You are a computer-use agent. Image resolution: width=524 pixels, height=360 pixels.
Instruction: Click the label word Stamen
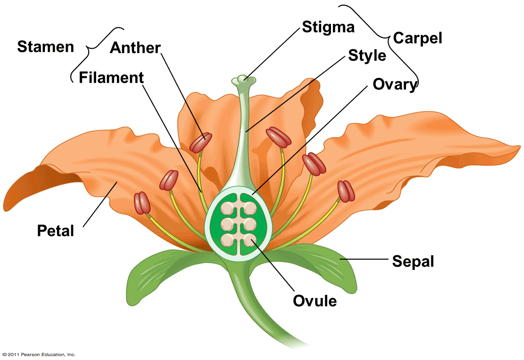(x=45, y=47)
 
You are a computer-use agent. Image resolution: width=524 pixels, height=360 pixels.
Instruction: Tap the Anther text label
(x=135, y=48)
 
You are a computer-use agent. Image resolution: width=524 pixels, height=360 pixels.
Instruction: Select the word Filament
(x=111, y=77)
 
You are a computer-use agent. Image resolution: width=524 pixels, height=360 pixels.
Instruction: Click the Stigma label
(x=328, y=27)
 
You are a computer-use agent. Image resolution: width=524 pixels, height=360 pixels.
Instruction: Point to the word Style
(x=367, y=56)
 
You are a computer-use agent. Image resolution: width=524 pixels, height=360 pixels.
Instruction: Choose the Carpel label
(x=418, y=38)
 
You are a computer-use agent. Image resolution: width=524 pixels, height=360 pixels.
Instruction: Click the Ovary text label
(x=395, y=84)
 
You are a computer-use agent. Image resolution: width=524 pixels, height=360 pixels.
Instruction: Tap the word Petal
(x=56, y=230)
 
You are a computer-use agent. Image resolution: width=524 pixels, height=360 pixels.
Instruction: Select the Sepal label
(x=413, y=262)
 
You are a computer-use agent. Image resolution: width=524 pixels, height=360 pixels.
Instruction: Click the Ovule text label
(x=314, y=301)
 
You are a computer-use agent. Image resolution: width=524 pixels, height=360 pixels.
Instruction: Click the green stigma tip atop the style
(x=243, y=79)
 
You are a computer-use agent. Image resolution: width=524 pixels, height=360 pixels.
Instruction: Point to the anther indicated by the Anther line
(x=201, y=142)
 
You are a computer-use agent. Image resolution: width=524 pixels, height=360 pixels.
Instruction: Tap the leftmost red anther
(x=143, y=203)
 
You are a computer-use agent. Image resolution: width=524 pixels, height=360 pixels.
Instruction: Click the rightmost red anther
(x=345, y=191)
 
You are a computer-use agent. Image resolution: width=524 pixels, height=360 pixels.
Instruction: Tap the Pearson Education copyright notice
(x=38, y=355)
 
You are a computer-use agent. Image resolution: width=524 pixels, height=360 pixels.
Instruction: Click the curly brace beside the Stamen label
(x=88, y=49)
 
